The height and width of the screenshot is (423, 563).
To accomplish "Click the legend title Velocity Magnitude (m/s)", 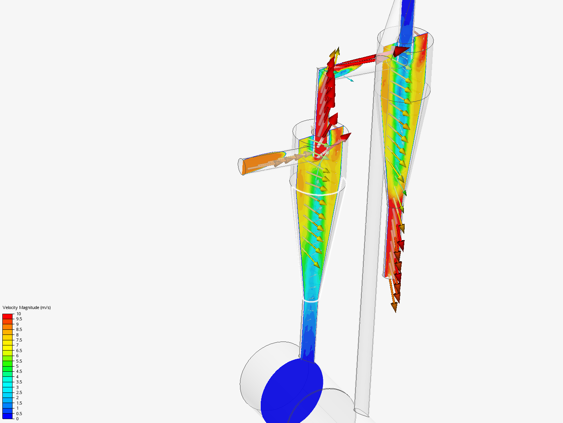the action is tap(27, 307).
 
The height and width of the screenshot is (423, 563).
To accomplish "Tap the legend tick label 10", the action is tap(19, 314).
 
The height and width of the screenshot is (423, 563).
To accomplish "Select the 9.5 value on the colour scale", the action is tap(19, 319).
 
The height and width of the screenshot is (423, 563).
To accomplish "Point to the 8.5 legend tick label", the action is tap(19, 329).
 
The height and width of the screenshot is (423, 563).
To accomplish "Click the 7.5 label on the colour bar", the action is tap(19, 340).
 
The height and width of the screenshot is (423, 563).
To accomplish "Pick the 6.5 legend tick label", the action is tap(19, 351).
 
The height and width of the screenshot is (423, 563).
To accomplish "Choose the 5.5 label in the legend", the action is tap(19, 361).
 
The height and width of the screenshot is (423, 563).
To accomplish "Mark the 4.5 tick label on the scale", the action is tap(19, 371).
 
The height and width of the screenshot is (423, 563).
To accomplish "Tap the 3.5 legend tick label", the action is tap(19, 382).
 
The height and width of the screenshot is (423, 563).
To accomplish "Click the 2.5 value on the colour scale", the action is tap(19, 392).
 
